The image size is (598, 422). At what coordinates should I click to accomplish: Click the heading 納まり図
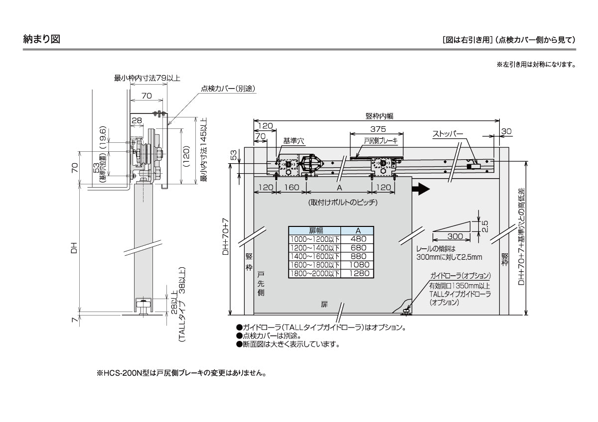tap(42, 39)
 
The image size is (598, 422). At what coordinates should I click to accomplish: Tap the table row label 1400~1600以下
tap(315, 256)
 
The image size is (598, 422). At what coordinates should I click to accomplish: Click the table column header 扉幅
tap(315, 230)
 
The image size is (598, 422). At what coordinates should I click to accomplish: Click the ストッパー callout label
tap(447, 134)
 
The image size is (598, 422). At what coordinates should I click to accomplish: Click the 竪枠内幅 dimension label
tap(379, 115)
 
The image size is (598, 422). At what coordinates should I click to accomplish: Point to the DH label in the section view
tap(73, 246)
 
